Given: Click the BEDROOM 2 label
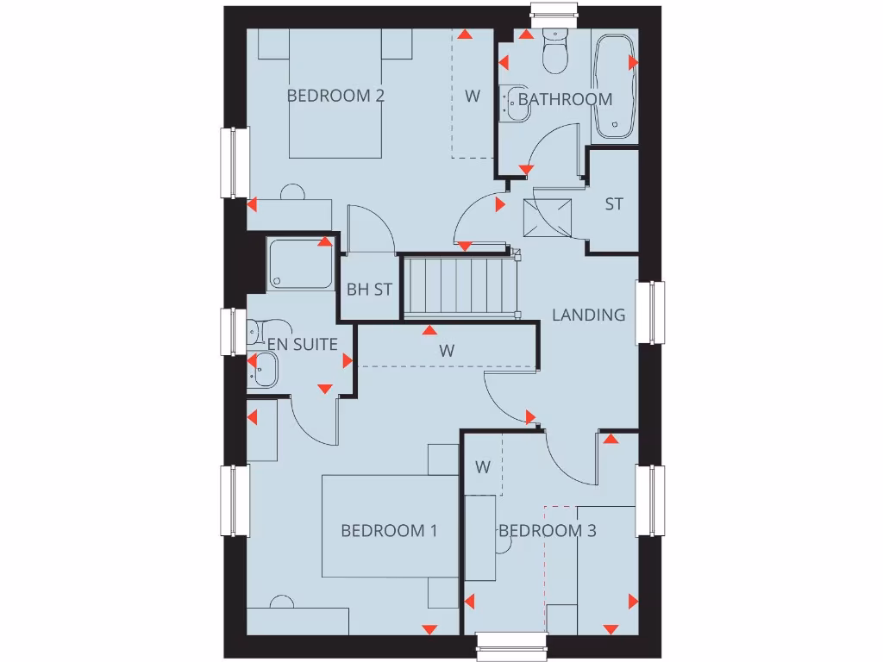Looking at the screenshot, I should (335, 96).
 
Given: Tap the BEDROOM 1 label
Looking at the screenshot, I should (389, 531).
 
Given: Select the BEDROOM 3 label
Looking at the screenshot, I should (548, 531).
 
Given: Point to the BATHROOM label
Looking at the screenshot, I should (565, 99).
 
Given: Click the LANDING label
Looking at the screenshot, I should (589, 315).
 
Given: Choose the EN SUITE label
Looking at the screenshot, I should (303, 344).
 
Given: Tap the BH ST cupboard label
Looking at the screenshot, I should (369, 290).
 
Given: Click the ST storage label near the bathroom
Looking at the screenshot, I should (614, 204).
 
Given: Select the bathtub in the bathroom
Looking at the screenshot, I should (615, 86).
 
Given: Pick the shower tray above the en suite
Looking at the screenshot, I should (300, 264).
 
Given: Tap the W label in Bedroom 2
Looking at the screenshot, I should (473, 96).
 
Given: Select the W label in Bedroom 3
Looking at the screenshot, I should (483, 467).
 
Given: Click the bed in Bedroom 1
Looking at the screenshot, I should (389, 526).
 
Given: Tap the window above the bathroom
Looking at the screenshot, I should (553, 12).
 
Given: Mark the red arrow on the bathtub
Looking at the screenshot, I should (633, 63).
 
